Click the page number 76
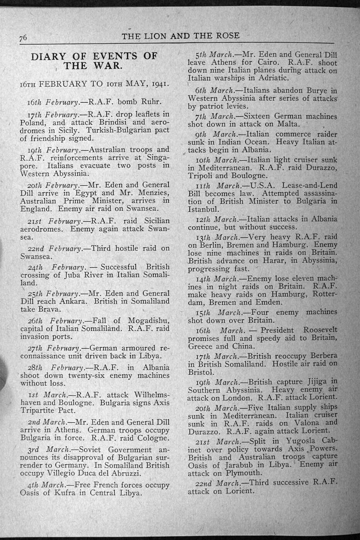pyautogui.click(x=23, y=37)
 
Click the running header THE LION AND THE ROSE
pyautogui.click(x=180, y=36)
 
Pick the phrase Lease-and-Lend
pyautogui.click(x=309, y=185)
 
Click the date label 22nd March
pyautogui.click(x=216, y=483)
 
